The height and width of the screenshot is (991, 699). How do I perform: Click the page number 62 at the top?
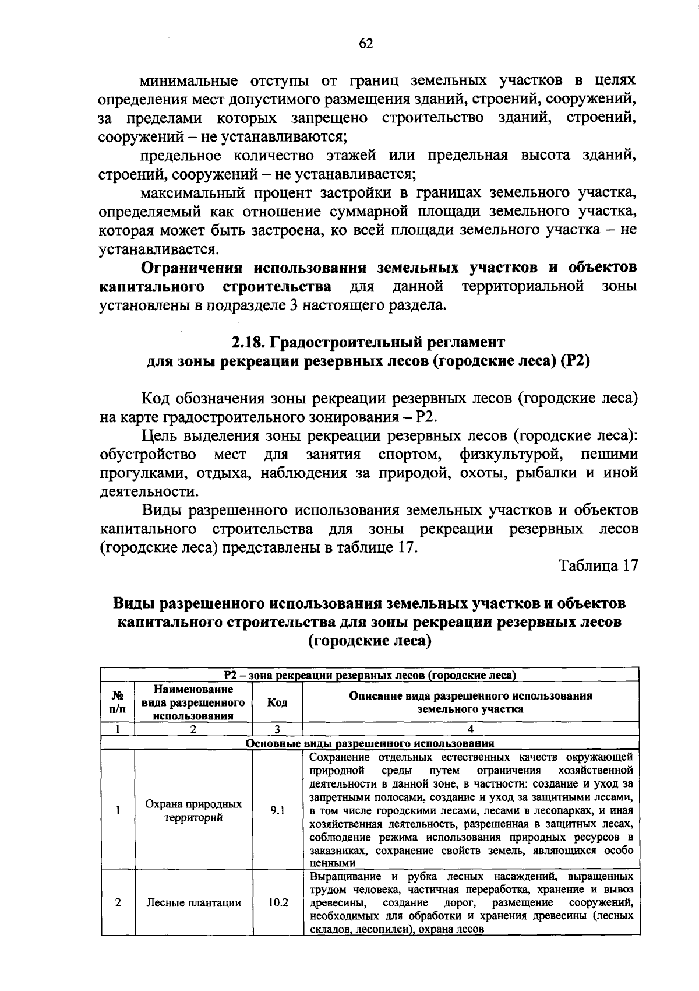366,44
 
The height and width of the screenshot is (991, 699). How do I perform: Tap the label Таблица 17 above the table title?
598,565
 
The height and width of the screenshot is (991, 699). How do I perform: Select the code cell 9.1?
277,810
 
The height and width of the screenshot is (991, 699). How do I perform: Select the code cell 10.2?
278,903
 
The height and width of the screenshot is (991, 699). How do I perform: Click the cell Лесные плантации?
193,903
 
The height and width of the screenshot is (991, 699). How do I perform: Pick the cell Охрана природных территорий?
193,810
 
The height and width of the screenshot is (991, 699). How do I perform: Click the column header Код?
277,702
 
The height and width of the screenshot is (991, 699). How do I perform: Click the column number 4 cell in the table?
471,729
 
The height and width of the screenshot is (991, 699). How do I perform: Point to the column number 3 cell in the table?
277,729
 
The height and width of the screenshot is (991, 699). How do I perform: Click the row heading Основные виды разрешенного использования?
370,743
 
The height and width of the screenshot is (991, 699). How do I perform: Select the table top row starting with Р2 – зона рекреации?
370,676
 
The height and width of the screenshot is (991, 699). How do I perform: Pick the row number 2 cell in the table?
118,903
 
